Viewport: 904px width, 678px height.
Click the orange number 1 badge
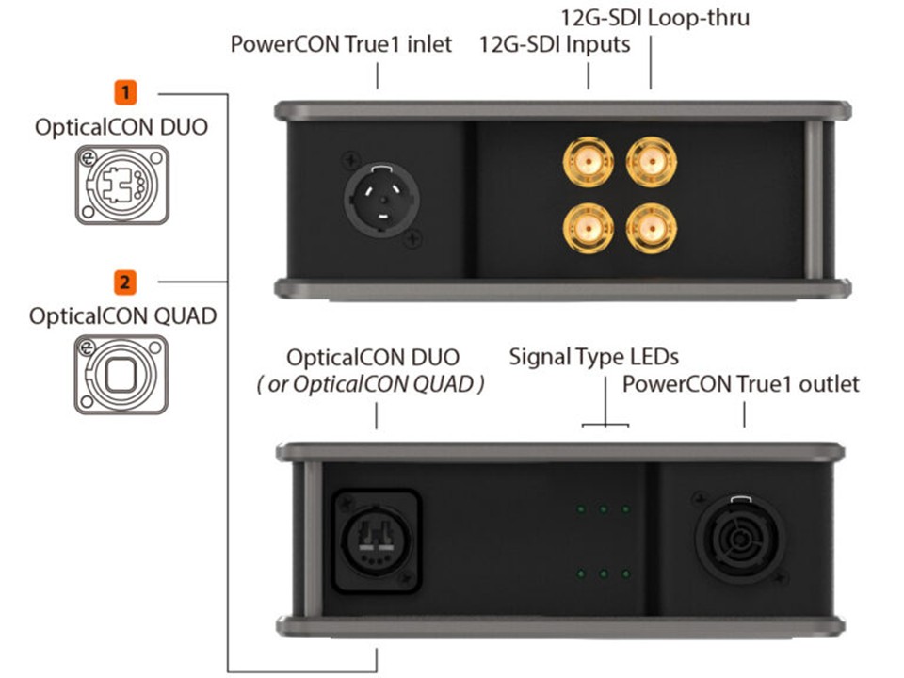124,93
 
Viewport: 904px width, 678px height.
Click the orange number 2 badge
124,281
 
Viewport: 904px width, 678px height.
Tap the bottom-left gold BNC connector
584,228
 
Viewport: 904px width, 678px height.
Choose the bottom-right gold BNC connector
649,228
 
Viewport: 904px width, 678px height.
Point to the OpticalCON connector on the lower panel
375,537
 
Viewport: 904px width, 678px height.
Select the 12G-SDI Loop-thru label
655,18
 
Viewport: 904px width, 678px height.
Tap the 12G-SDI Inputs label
555,44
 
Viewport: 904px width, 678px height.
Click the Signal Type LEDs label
594,357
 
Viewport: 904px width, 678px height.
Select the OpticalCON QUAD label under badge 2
122,315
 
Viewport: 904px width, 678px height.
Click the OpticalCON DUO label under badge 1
122,125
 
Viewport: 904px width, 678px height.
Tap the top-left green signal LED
581,509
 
